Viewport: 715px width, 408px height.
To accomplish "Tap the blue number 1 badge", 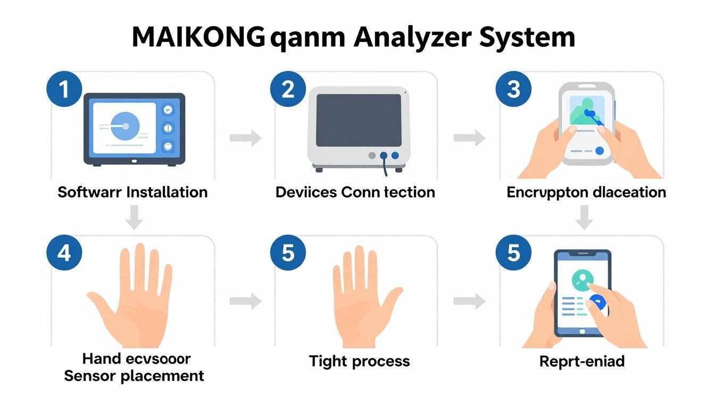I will tap(64, 89).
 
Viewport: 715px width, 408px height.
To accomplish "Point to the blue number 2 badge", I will tap(288, 89).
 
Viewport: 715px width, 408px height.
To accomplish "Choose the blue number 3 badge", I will tap(513, 89).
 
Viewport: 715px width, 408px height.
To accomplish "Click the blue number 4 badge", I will tap(64, 253).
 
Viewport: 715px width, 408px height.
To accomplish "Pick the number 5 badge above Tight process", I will tap(288, 253).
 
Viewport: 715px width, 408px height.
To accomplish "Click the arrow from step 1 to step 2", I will tap(246, 139).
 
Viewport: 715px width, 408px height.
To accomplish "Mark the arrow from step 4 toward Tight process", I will tap(246, 302).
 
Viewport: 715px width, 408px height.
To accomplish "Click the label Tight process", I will tap(359, 362).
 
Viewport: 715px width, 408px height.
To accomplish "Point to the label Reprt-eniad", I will tap(581, 362).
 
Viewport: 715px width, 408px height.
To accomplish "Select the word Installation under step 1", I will tap(167, 192).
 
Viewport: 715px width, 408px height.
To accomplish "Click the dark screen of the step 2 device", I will tap(358, 120).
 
